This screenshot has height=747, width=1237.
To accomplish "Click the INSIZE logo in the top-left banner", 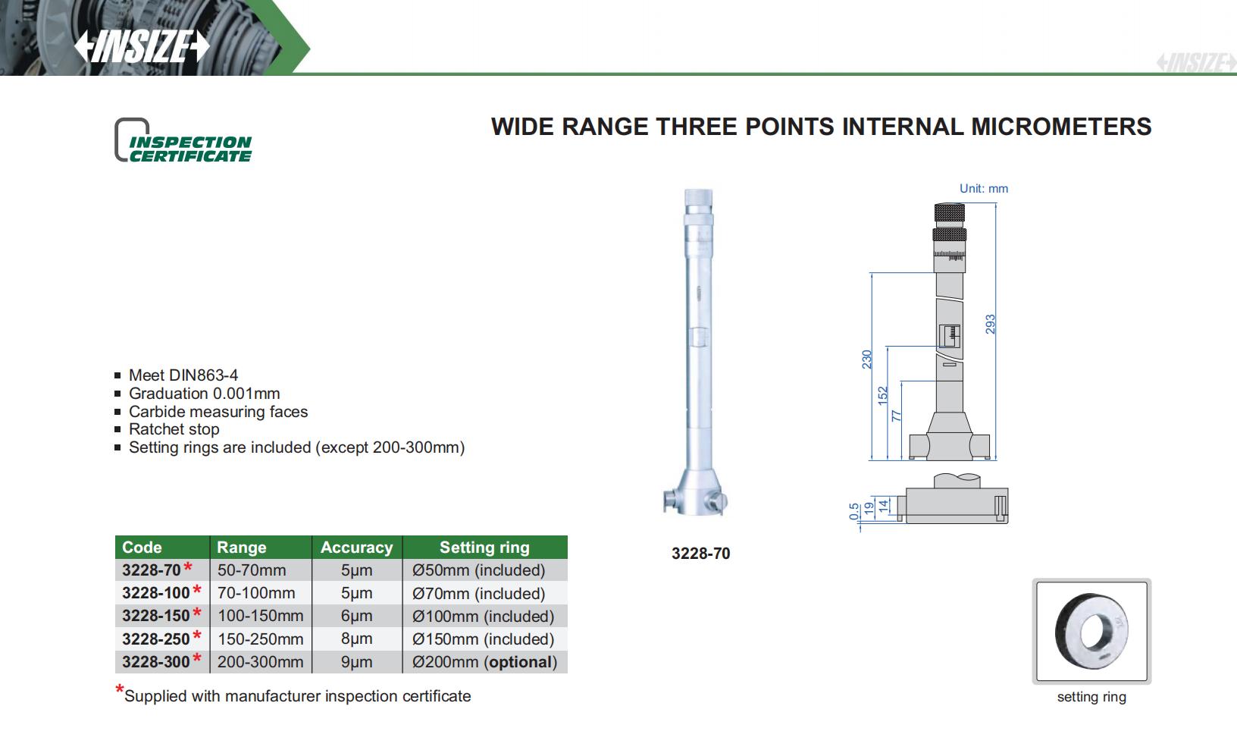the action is tap(142, 46).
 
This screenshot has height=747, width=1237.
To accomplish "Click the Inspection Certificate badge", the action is tap(183, 140).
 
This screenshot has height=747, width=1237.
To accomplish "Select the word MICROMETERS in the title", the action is tap(1061, 127).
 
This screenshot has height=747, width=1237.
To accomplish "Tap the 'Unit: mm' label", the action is tap(984, 188).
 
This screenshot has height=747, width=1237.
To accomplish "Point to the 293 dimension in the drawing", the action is tap(990, 325).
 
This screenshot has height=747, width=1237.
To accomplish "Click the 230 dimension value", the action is tap(866, 359).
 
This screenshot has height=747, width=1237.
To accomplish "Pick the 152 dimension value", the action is tap(882, 396).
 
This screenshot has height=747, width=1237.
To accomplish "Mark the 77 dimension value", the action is tap(896, 416).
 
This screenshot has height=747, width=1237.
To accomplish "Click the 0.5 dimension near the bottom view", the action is tap(853, 511).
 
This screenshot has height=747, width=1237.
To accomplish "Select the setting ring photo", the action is tap(1091, 631).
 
